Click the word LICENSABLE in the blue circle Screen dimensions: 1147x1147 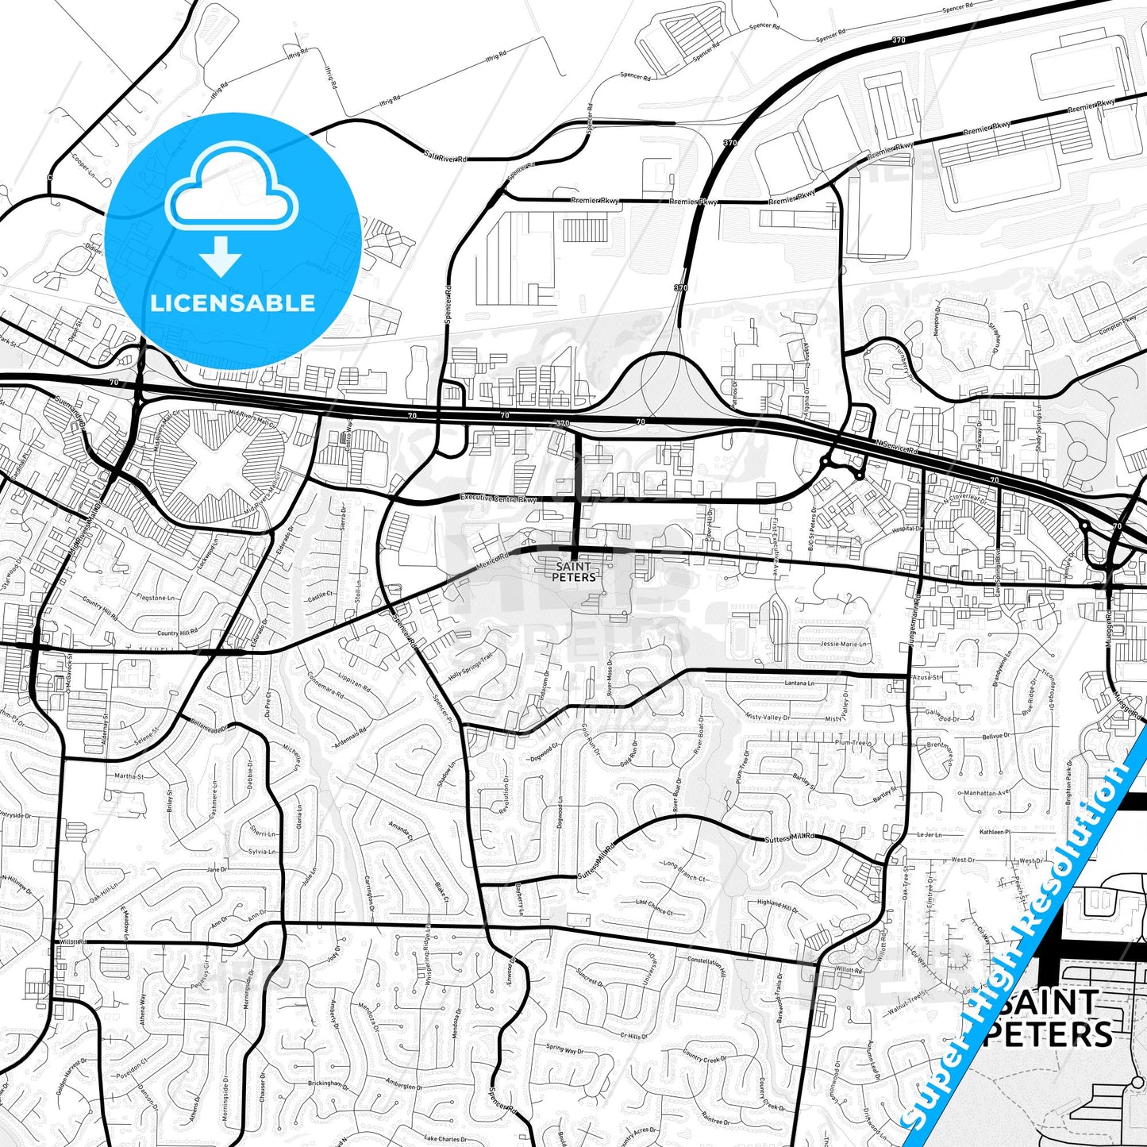233,303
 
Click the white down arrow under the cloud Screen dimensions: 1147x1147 221,256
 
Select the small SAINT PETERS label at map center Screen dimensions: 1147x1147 574,572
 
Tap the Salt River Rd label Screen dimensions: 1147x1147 445,157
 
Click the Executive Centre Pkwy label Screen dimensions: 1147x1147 499,499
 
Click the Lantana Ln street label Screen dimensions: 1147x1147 799,683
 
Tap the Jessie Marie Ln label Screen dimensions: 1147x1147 844,644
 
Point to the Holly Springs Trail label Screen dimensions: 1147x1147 472,666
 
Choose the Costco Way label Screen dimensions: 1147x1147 347,437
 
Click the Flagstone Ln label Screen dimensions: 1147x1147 156,597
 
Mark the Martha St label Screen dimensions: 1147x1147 129,776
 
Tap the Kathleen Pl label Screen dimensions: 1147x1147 995,832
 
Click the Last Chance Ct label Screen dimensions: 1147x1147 654,907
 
